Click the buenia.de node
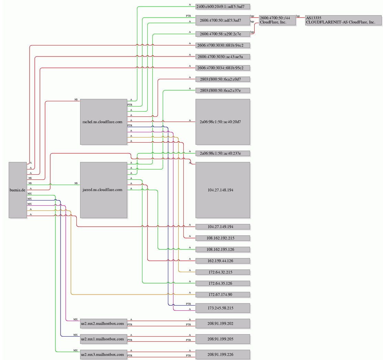18,190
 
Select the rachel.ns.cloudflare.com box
104,122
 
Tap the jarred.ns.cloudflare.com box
104,190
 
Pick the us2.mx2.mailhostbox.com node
104,323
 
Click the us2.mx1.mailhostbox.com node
104,339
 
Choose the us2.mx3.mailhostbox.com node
104,354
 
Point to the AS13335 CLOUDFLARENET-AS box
343,20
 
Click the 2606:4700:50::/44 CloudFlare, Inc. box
277,20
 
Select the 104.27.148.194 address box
223,190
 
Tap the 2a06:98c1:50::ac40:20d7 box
223,122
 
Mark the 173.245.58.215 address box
223,308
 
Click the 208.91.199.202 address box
223,323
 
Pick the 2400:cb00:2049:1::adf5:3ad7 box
223,7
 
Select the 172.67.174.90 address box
223,295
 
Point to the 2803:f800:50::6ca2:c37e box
223,91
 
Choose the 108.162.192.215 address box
223,238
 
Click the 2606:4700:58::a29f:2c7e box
223,34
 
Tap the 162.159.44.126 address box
223,261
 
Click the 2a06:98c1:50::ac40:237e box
223,153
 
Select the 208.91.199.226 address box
223,354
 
